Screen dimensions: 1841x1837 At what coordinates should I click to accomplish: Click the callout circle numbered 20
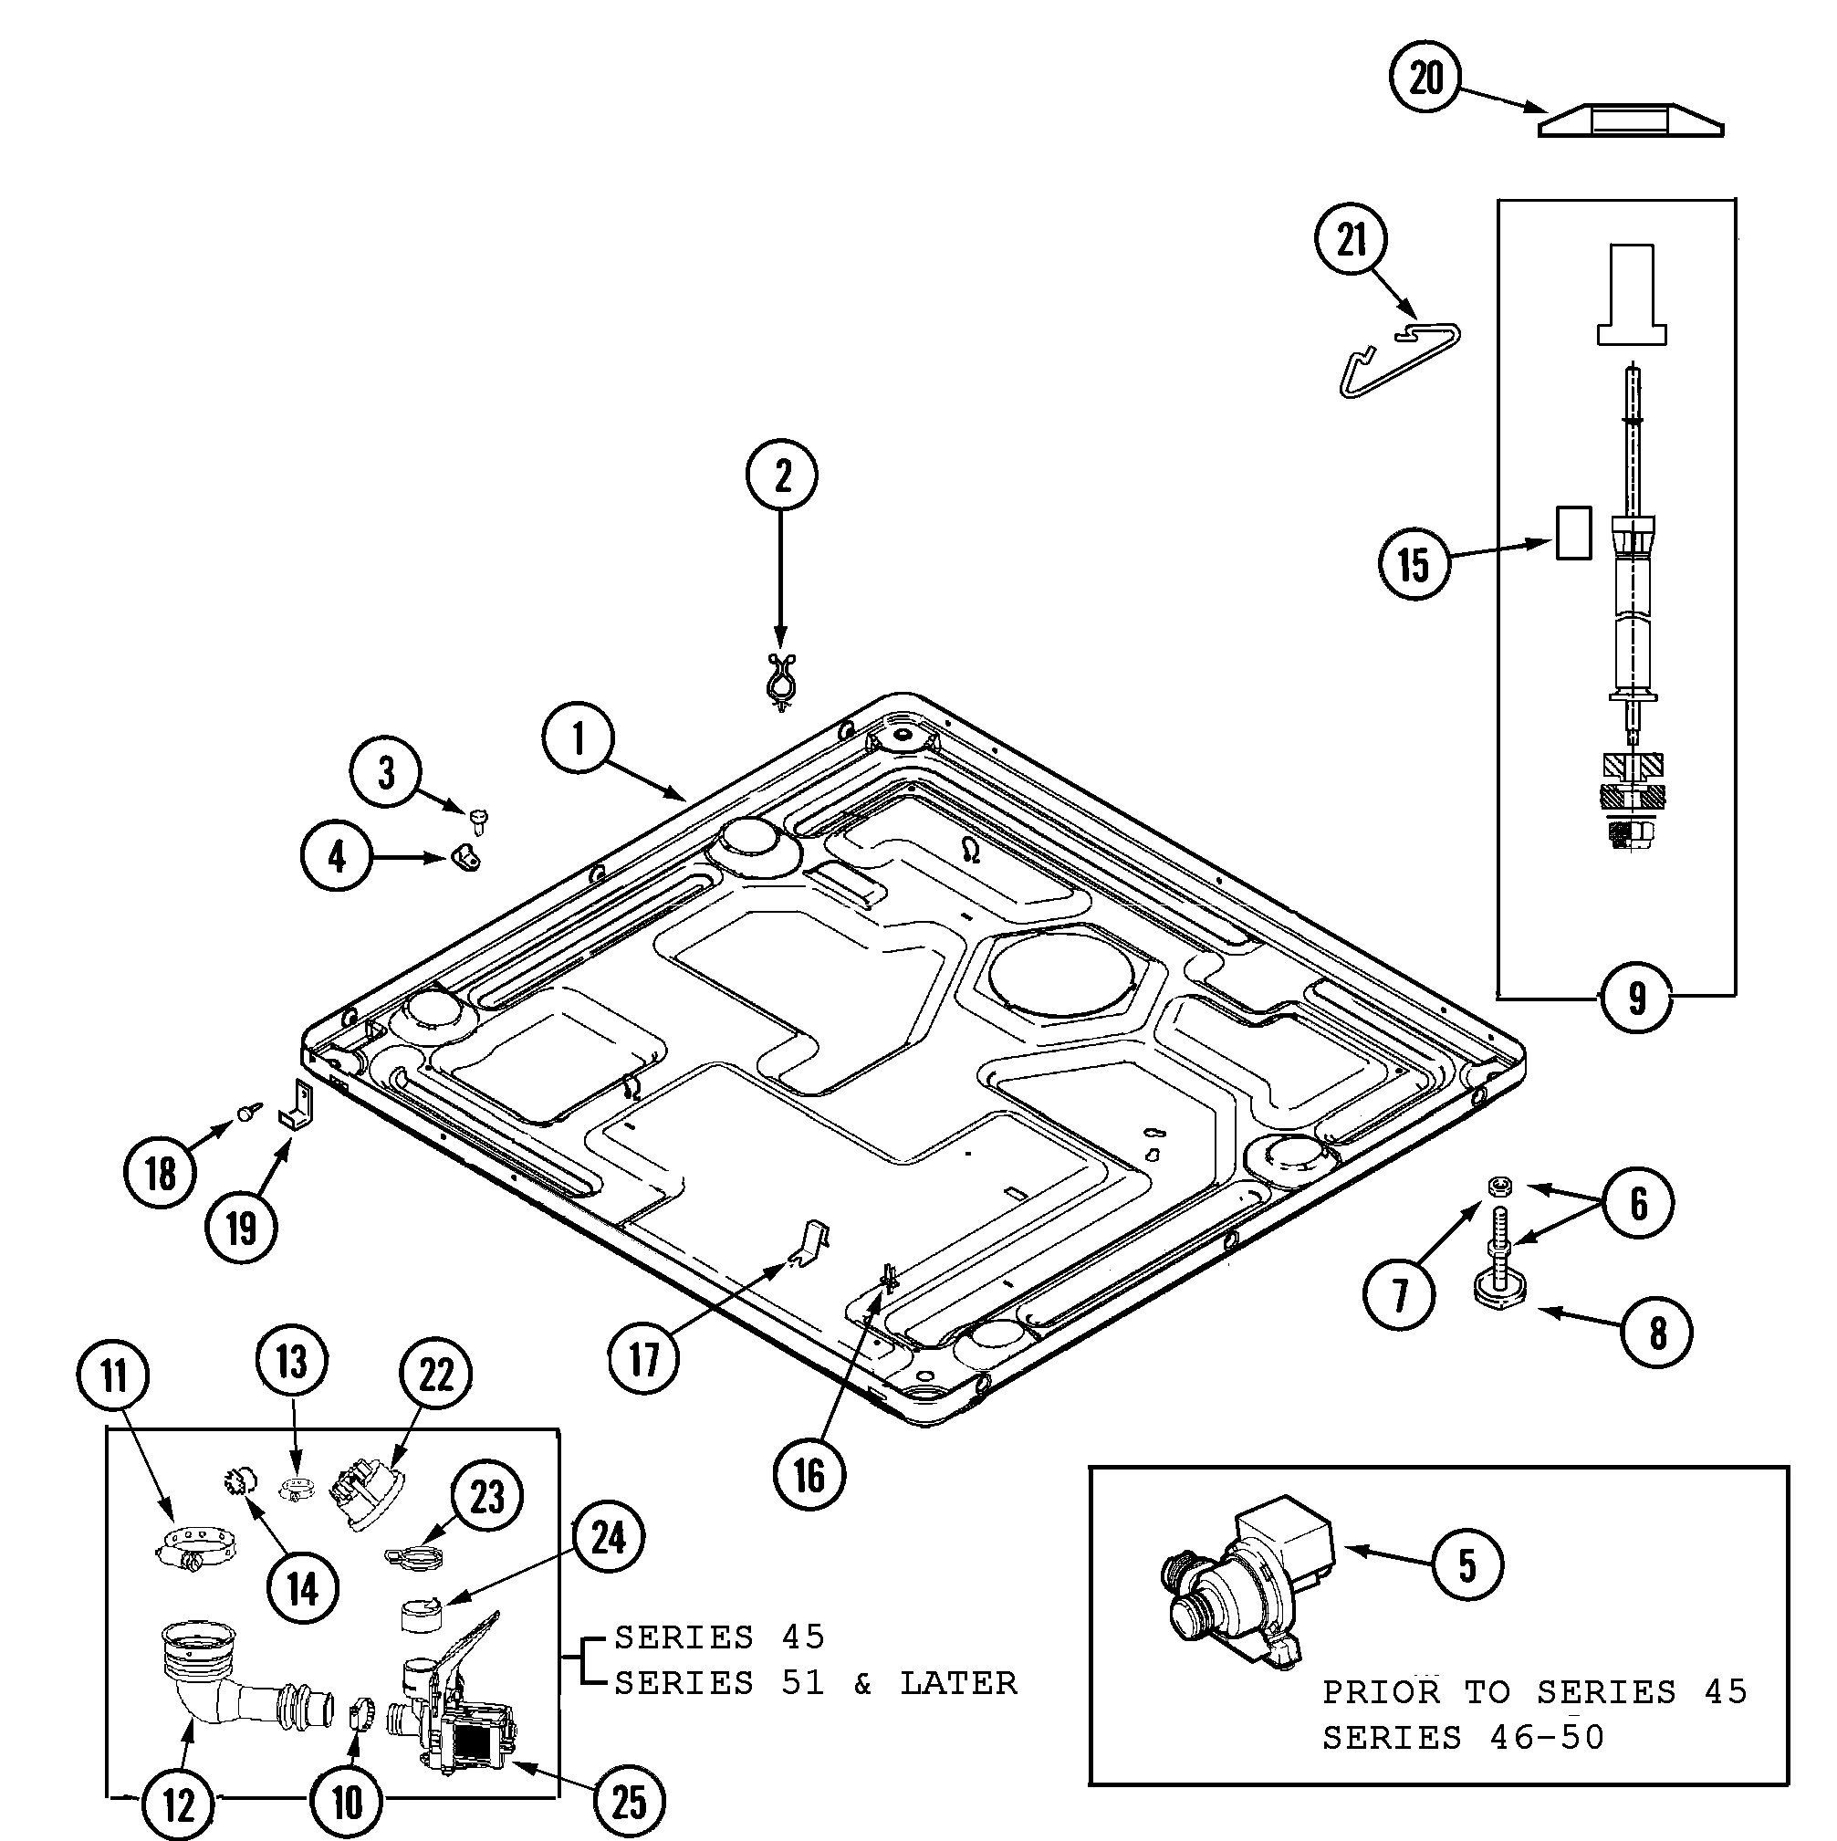click(1426, 78)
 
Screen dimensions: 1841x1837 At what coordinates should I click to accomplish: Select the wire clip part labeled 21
click(1399, 357)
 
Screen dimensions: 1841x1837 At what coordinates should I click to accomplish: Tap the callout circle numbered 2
click(781, 475)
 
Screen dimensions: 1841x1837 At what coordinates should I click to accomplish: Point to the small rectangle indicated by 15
click(1573, 533)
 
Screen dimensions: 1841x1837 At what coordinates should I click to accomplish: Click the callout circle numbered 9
click(1636, 998)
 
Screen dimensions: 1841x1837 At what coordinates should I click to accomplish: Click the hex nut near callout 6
click(1499, 1185)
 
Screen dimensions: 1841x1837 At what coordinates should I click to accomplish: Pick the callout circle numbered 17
click(644, 1359)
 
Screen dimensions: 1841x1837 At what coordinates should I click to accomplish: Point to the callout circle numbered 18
click(160, 1173)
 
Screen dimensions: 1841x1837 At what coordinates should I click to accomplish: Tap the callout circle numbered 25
click(628, 1803)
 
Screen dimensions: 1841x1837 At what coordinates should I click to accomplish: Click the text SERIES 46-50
click(1463, 1737)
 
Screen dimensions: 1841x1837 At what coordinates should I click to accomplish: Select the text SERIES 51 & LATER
click(815, 1684)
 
